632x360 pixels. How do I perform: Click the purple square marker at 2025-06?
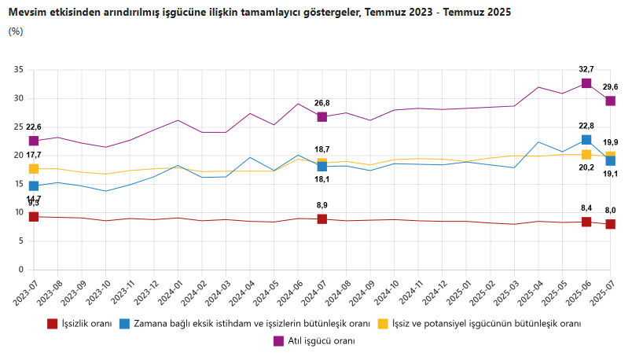586,83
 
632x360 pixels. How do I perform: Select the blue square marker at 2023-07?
34,186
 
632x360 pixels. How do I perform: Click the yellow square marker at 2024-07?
322,163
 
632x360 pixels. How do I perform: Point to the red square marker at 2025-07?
610,224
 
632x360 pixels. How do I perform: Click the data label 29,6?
610,87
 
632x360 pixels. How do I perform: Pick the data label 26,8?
322,103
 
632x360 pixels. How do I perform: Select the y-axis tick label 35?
19,70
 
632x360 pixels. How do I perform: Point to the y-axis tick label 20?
19,156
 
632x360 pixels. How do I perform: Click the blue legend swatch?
125,323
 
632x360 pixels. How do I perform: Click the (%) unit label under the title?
16,31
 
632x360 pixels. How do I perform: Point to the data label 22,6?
34,127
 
